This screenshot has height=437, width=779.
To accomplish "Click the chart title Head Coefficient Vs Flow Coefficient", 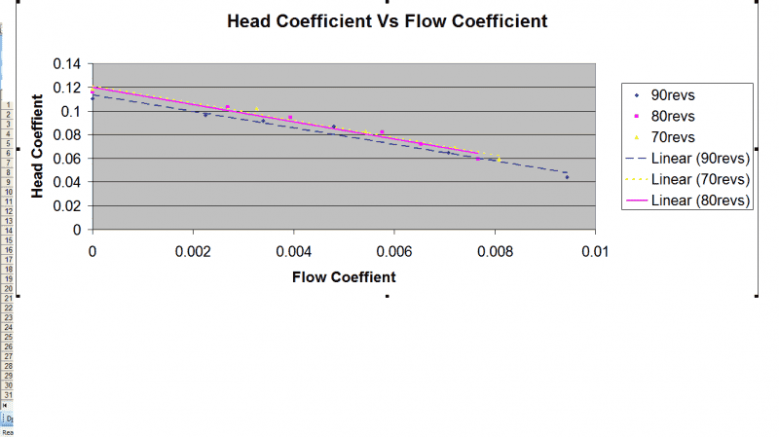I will pyautogui.click(x=387, y=20).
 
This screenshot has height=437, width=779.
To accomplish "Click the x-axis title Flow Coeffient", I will pyautogui.click(x=344, y=277).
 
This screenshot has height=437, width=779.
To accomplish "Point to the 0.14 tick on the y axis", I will pyautogui.click(x=66, y=64).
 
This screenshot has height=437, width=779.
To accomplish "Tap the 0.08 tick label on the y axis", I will pyautogui.click(x=66, y=135).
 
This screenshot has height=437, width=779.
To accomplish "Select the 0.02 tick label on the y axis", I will pyautogui.click(x=66, y=206).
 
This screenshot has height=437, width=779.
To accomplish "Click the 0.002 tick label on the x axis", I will pyautogui.click(x=193, y=250).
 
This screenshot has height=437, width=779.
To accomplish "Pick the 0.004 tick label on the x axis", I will pyautogui.click(x=293, y=250).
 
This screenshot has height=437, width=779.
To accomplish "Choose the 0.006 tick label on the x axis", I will pyautogui.click(x=393, y=250).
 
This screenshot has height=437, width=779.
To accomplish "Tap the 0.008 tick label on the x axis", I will pyautogui.click(x=494, y=250).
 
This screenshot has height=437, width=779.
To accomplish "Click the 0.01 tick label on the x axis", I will pyautogui.click(x=594, y=250).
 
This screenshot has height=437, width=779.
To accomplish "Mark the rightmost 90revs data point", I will pyautogui.click(x=567, y=177).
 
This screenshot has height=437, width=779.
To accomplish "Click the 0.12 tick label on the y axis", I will pyautogui.click(x=66, y=88).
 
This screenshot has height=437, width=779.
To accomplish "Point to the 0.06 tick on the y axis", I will pyautogui.click(x=66, y=159).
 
